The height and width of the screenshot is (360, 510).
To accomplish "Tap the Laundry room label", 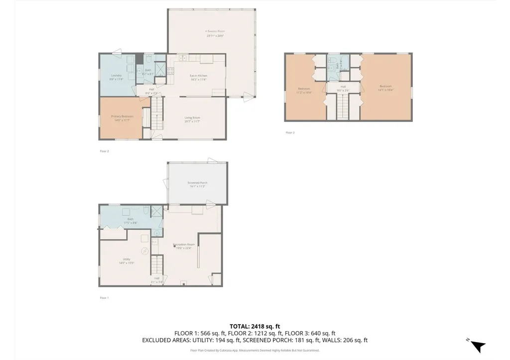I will pos(116,77).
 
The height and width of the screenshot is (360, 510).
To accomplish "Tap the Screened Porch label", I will pos(198,184).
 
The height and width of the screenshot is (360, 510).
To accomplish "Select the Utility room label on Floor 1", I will pos(127,260).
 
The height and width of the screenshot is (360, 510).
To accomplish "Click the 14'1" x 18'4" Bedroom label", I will pos(385,88).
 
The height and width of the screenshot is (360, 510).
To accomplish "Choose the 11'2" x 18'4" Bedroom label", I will pos(304,91).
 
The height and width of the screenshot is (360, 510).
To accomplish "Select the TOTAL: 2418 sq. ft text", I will pos(255,326).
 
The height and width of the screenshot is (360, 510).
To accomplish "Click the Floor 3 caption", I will pos(290,132).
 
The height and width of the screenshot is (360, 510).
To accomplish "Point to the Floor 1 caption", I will pos(104,298).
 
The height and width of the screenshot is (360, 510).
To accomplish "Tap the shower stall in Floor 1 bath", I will pos(157,211).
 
